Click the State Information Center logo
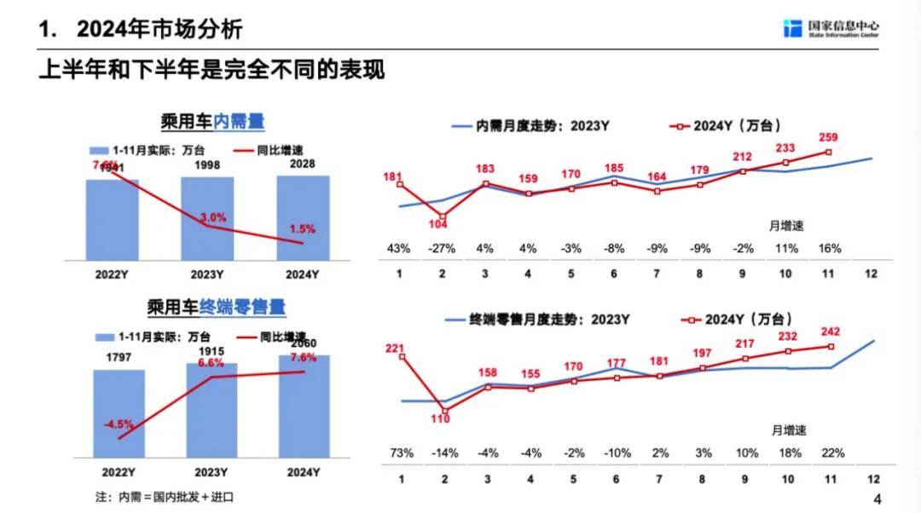(831, 28)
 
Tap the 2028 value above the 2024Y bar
(303, 163)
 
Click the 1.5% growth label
(302, 229)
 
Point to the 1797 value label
(118, 358)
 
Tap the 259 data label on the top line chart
(829, 137)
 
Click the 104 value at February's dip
(443, 224)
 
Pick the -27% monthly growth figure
(443, 249)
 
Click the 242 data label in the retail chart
(829, 332)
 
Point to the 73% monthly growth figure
(400, 452)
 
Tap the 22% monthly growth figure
(829, 452)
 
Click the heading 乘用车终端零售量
(216, 306)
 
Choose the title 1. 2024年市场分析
(141, 30)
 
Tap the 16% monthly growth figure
(829, 249)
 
